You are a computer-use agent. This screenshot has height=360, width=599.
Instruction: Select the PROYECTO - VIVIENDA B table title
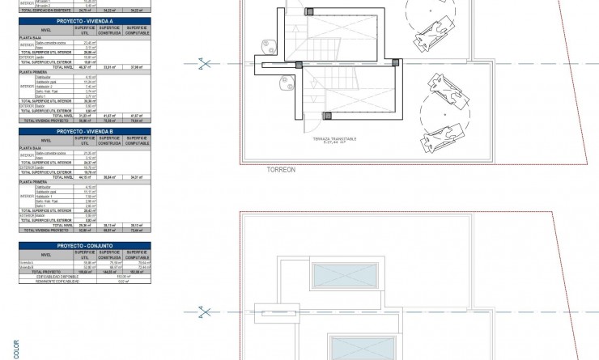pos(84,131)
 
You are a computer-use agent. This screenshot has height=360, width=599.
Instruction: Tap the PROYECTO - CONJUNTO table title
pos(84,245)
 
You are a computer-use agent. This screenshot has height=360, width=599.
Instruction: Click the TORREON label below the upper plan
pos(280,170)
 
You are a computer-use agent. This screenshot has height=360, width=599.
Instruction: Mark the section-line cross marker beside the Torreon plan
pos(206,63)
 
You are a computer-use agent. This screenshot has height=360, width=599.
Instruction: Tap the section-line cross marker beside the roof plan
pos(206,311)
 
